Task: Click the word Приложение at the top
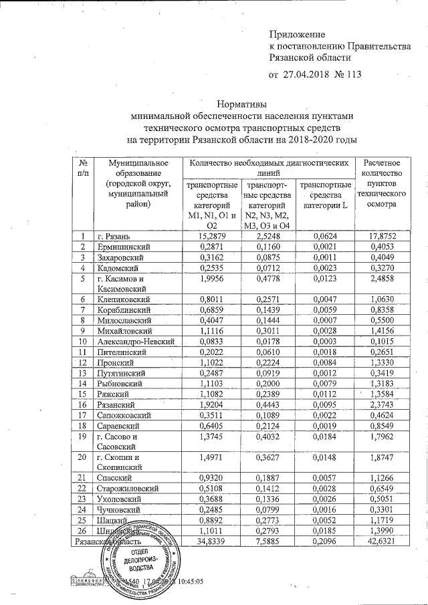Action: (x=296, y=34)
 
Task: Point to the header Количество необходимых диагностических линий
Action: (x=269, y=168)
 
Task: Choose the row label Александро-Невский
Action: (x=136, y=342)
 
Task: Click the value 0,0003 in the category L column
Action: (x=324, y=342)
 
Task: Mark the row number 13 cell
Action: (x=82, y=373)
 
